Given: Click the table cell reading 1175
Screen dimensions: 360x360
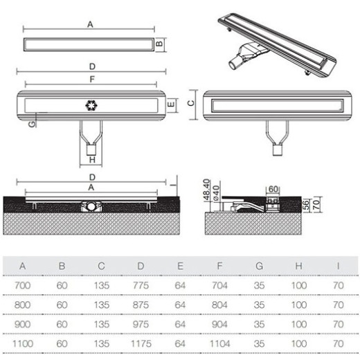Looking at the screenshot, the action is click(141, 343).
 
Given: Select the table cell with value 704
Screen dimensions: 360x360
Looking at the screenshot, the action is click(219, 285).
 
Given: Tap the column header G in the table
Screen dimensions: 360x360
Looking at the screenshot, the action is click(259, 266).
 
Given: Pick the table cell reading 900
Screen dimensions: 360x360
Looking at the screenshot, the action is click(22, 324).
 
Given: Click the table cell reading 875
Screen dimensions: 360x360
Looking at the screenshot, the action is click(141, 305).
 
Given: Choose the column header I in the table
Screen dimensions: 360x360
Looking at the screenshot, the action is click(338, 266).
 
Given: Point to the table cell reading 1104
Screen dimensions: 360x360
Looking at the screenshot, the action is click(219, 343).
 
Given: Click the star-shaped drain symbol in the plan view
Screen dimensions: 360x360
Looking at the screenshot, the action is click(91, 105).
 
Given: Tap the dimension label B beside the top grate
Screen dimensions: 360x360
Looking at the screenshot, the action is click(159, 44).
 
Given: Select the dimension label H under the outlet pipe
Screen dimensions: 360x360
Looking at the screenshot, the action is click(92, 160).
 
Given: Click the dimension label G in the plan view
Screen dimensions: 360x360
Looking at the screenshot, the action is click(32, 124).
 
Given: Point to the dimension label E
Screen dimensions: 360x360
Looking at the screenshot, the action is click(171, 105).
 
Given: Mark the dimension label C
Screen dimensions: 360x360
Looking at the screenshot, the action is click(191, 102).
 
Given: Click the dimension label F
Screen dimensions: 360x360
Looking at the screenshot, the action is click(92, 79).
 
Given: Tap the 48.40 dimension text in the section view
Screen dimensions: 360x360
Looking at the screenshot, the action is click(206, 190).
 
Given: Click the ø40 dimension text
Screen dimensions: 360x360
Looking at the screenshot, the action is click(216, 193).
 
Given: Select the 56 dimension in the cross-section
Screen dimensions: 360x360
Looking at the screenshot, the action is click(306, 205).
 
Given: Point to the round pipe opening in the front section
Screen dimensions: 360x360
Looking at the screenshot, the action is click(91, 206).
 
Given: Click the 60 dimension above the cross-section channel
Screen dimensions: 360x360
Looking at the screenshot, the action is click(273, 189).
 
